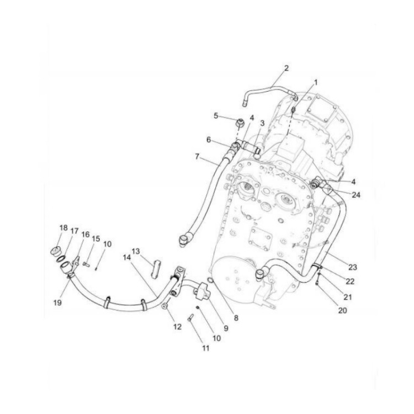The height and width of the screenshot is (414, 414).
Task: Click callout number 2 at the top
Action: (286, 68)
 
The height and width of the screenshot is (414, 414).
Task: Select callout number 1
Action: (316, 82)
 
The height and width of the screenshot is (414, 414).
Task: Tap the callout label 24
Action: (357, 194)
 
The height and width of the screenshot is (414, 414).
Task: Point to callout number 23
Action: (353, 267)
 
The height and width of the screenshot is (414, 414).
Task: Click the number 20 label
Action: (342, 310)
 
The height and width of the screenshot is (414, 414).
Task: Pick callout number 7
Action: (197, 157)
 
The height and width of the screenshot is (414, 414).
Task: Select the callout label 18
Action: (63, 228)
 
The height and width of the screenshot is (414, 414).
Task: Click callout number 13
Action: (136, 251)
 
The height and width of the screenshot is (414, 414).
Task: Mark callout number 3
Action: (263, 123)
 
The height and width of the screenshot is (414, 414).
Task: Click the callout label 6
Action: (209, 140)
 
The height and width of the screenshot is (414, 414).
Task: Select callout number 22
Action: (350, 282)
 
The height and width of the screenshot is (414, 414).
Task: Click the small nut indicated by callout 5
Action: (240, 121)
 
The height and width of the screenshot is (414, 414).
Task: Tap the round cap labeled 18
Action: (56, 252)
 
